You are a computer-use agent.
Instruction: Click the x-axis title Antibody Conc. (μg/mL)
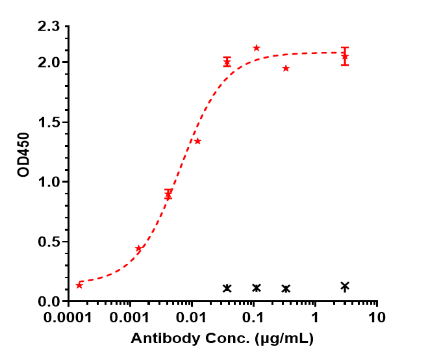(222, 339)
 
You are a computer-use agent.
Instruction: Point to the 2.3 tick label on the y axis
(49, 27)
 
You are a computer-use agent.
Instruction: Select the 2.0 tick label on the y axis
(49, 63)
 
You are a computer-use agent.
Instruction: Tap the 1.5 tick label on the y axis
(49, 123)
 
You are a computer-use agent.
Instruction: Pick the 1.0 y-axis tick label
(49, 183)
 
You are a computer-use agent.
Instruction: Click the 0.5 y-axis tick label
(49, 242)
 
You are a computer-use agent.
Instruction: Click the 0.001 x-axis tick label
(131, 319)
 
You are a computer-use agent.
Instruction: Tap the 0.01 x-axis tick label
(192, 319)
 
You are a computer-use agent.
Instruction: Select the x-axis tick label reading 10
(377, 319)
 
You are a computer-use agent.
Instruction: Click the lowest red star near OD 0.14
(79, 285)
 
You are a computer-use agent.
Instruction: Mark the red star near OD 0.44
(138, 249)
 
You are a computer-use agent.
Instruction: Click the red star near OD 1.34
(197, 141)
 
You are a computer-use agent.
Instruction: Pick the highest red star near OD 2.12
(257, 48)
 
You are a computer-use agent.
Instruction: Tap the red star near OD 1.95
(286, 68)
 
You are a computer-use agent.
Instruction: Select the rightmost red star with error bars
(345, 57)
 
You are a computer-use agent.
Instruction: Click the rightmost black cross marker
(345, 286)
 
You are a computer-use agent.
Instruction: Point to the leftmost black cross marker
(227, 288)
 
